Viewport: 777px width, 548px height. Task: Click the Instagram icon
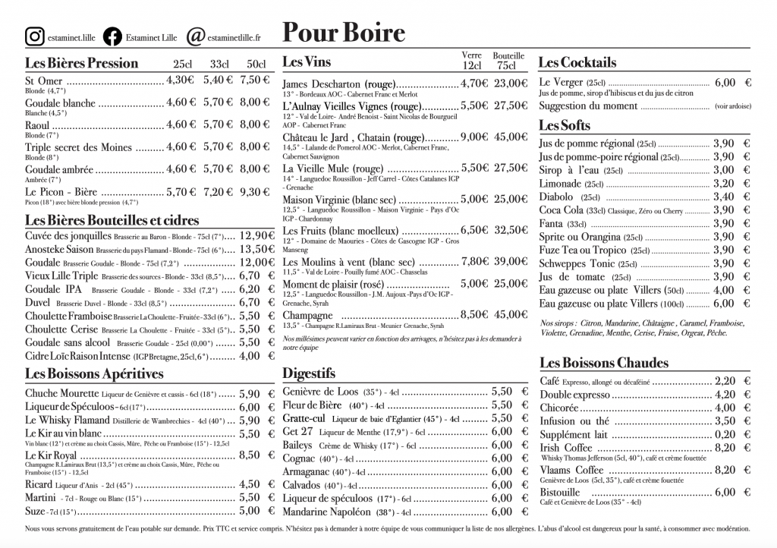pos(34,36)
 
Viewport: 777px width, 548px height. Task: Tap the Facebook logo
pos(112,36)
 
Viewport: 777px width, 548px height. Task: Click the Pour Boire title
pos(344,33)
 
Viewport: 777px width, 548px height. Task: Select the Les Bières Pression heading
pos(81,63)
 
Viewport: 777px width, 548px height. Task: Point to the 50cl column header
pos(256,64)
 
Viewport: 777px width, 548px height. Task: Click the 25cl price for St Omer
pos(181,80)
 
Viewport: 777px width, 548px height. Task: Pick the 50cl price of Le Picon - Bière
pos(254,193)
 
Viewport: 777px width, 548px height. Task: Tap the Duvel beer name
pos(38,302)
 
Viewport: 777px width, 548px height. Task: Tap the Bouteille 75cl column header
pos(508,61)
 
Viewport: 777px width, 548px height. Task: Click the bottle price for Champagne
pos(510,314)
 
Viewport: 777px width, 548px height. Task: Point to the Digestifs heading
pos(308,373)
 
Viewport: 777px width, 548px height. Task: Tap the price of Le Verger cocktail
pos(725,83)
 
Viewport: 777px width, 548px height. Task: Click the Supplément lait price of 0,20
pos(725,434)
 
